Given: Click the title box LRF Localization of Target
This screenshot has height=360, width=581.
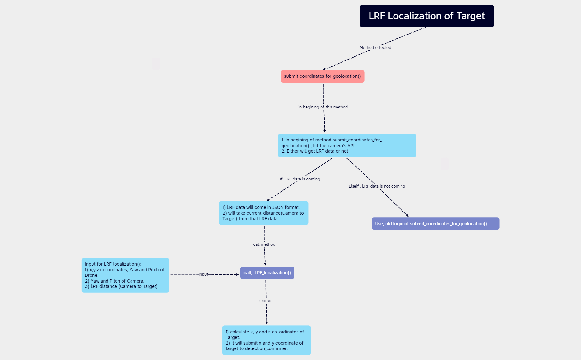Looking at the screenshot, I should [426, 16].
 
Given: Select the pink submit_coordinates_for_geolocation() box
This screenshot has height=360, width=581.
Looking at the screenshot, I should [322, 76].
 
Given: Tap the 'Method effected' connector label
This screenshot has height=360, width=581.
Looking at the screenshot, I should [375, 47].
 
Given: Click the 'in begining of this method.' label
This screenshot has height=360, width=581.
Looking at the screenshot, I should [323, 107].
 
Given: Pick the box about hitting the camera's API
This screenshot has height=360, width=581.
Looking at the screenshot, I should [347, 146].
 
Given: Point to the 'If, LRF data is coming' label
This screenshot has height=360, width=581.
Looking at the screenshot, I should [300, 179].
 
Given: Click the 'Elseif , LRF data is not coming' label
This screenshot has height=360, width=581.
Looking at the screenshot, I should [377, 186].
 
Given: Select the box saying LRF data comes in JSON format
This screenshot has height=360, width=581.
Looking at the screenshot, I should [264, 213].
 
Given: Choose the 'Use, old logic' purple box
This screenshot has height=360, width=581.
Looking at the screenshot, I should [435, 224].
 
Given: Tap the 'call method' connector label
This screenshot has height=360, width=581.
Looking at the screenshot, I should [264, 244].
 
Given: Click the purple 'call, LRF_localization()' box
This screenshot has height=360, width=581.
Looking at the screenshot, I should [267, 273].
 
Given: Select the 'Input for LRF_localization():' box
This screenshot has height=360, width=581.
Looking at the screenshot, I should [125, 275].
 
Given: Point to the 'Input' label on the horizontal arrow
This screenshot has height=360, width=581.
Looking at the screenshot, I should [203, 274].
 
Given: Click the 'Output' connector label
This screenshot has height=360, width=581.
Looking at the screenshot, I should [266, 301].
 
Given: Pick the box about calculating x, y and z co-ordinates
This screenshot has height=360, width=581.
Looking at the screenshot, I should [266, 340].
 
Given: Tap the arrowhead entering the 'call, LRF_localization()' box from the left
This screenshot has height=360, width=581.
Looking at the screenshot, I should [237, 274].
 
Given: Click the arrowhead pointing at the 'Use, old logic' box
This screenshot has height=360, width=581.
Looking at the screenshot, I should [407, 216].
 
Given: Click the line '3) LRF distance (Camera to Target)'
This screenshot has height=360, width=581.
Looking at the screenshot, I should [121, 286].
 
